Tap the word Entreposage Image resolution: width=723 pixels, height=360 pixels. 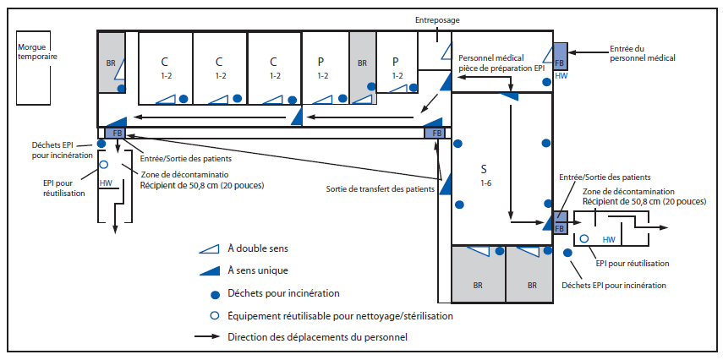437,18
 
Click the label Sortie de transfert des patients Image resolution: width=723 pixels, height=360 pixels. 381,188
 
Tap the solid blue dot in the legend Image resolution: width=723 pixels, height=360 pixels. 209,293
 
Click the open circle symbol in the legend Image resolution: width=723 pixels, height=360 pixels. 209,315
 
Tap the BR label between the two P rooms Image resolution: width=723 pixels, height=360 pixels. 362,63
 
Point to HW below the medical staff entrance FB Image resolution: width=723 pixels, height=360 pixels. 561,76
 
